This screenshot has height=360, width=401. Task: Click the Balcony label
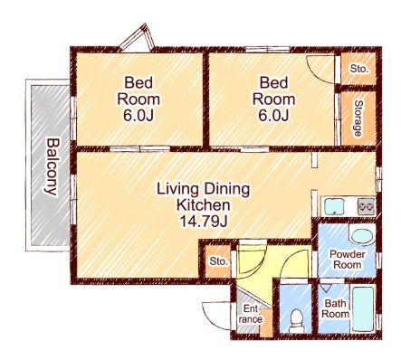(50, 166)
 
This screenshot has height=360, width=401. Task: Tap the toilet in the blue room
(296, 321)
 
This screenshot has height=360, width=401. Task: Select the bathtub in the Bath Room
(364, 309)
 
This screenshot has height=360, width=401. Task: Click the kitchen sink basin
(334, 206)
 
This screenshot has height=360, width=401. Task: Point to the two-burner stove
(367, 206)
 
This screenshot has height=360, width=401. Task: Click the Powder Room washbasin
(362, 237)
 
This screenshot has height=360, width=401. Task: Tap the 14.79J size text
(203, 222)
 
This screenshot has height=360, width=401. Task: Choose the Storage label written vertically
(358, 118)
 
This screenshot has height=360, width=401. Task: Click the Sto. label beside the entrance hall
(218, 261)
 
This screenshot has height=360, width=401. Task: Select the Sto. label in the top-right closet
(359, 69)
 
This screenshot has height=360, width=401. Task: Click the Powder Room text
(348, 260)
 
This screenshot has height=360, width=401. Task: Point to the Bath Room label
(335, 308)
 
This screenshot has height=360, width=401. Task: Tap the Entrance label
(250, 314)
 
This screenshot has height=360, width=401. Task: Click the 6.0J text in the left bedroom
(138, 115)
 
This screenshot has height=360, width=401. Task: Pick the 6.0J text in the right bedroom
(273, 115)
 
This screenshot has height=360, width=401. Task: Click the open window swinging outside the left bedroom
(138, 38)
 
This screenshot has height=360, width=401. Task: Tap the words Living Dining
(203, 189)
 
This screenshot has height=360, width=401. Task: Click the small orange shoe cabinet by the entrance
(266, 322)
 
